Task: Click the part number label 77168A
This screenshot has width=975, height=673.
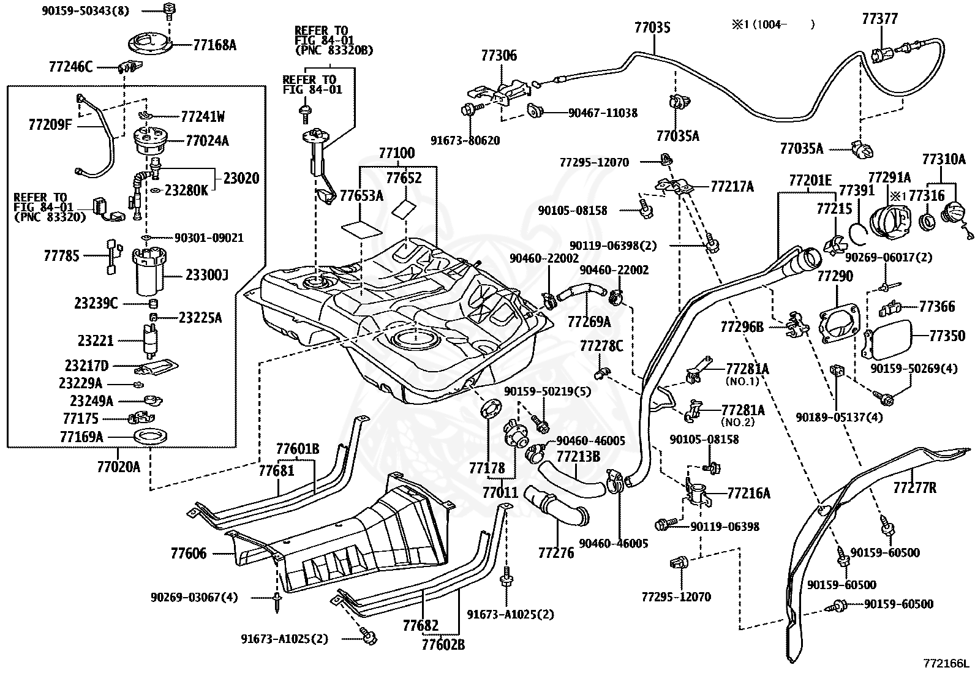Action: tap(214, 45)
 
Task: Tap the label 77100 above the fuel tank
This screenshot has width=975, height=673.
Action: tap(396, 153)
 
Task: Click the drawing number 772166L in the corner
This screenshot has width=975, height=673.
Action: tap(945, 663)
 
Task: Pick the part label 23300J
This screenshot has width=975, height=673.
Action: tap(207, 275)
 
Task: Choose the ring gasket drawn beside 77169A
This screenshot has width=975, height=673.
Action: tap(149, 437)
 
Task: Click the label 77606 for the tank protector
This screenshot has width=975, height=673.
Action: tap(189, 554)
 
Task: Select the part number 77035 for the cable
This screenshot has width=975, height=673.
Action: tap(652, 28)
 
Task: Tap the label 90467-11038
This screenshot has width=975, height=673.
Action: tap(603, 113)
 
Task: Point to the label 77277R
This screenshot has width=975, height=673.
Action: tap(914, 488)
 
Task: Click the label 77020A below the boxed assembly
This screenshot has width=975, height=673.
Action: tap(118, 467)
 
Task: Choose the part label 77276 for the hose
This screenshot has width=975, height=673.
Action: tap(556, 553)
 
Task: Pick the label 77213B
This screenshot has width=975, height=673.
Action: tap(578, 456)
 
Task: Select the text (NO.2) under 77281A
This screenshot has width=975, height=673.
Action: tap(737, 422)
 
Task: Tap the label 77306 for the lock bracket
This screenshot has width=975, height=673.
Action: tap(499, 56)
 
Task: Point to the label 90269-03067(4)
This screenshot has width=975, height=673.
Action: tap(194, 597)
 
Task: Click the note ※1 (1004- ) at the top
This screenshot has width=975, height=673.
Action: tap(773, 24)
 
